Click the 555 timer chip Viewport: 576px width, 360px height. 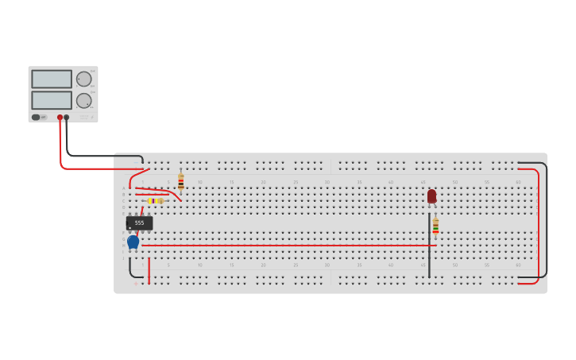139,223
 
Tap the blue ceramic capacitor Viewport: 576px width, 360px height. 133,241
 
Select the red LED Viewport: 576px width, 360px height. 431,195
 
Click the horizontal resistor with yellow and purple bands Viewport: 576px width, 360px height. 155,201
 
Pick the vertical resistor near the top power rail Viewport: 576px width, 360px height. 181,181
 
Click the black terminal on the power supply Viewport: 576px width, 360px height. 67,118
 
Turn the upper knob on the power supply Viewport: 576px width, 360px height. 83,79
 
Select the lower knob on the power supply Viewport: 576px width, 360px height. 83,100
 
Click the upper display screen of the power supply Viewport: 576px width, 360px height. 52,79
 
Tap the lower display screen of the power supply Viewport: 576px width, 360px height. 52,100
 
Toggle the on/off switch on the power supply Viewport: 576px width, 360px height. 36,117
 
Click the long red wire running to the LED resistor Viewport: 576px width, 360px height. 286,246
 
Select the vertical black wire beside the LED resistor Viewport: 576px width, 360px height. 429,246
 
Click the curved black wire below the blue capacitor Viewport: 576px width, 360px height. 131,269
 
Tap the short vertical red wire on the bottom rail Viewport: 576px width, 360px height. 149,270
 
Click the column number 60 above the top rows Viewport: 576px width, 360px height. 518,182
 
